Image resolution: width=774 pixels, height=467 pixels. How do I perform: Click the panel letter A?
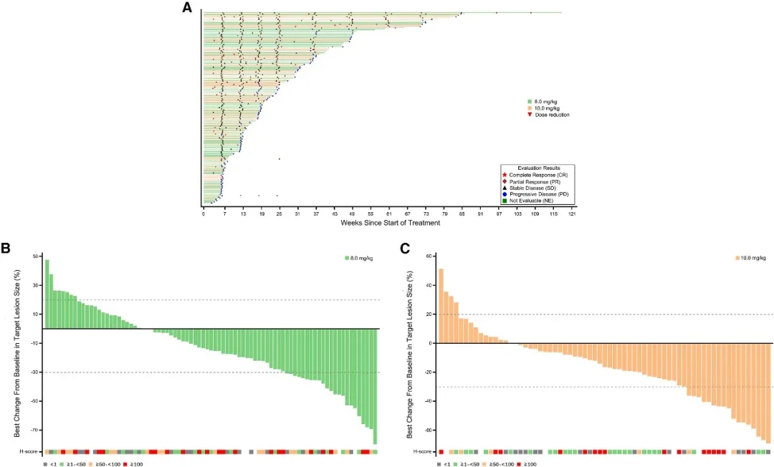click(187, 8)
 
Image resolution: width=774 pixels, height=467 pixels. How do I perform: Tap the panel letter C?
click(405, 249)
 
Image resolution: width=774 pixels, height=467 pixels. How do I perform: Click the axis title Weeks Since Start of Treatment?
click(390, 223)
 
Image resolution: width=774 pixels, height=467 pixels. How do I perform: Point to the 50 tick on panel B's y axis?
click(35, 256)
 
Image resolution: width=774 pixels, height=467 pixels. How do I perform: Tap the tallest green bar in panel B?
click(47, 294)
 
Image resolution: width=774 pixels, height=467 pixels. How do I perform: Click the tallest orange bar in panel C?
click(441, 306)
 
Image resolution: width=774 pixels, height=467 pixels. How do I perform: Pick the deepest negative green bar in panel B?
click(375, 386)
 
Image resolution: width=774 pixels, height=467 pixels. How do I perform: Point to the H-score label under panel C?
click(423, 452)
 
